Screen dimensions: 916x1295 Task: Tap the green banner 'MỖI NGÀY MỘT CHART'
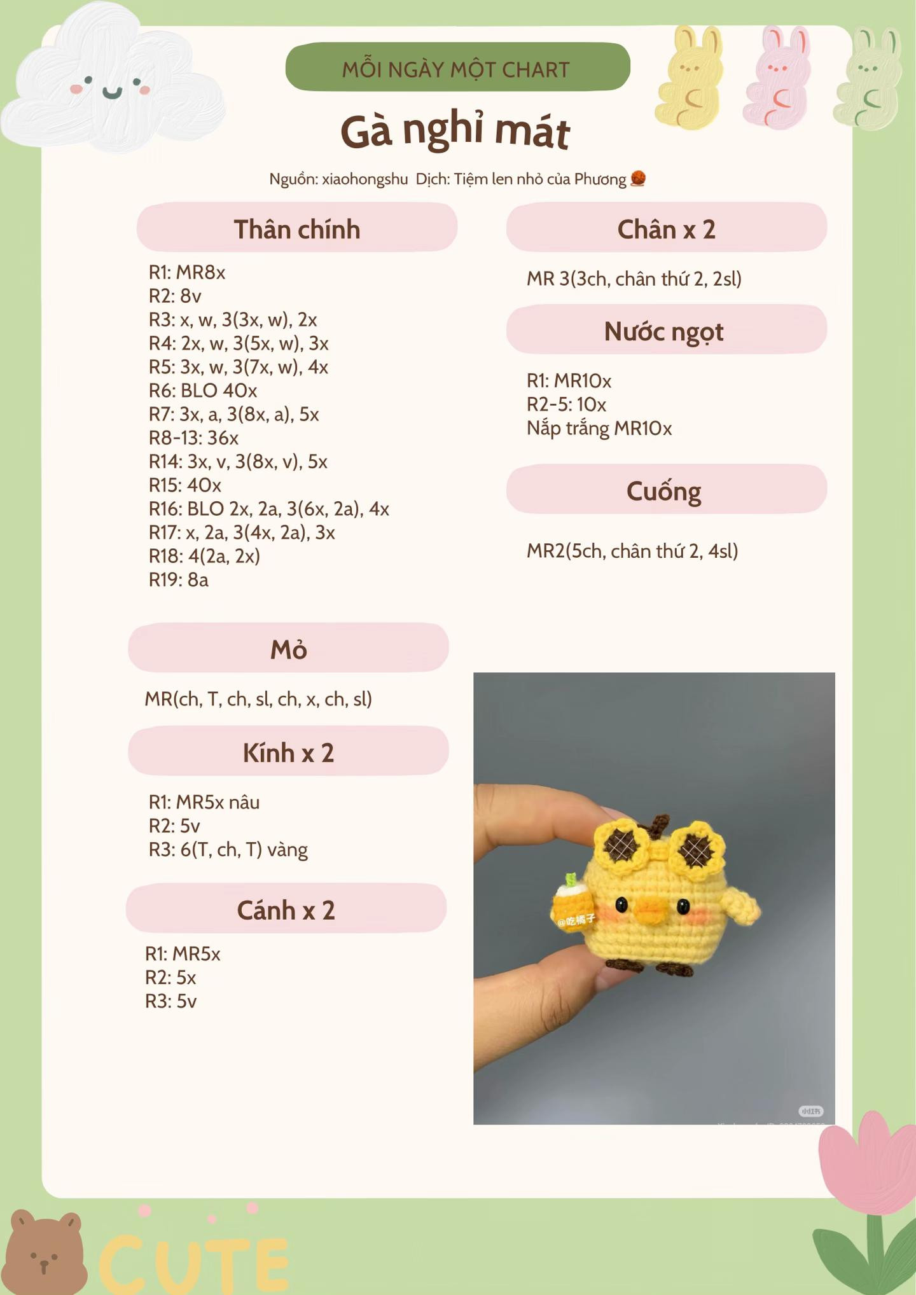[457, 67]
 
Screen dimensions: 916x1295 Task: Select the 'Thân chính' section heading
[296, 228]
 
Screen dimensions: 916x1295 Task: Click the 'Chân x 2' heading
[666, 228]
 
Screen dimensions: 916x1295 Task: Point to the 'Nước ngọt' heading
[664, 331]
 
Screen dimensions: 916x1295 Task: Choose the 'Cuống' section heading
[664, 490]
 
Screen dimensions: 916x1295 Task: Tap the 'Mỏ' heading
[289, 649]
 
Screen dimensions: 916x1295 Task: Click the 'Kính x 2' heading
[288, 752]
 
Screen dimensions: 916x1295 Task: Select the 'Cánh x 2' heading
[286, 910]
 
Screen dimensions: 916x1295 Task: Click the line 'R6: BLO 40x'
[203, 391]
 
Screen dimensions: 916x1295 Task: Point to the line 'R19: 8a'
[179, 579]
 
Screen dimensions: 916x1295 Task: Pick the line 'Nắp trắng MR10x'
[599, 428]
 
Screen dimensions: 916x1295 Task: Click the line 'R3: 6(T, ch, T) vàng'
[228, 849]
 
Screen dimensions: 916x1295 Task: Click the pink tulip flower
[868, 1164]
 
